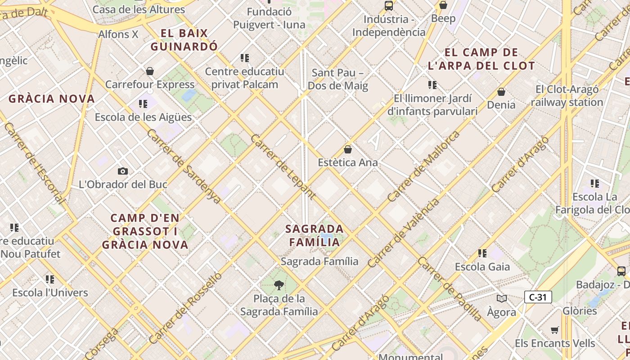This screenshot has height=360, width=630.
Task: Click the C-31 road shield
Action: tap(538, 297)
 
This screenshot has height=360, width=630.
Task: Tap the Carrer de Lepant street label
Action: tap(283, 166)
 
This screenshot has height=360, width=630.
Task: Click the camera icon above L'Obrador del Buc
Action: tap(122, 171)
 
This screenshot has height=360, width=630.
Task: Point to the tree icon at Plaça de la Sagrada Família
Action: tap(279, 285)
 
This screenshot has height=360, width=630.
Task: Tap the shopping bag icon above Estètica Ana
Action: tap(347, 149)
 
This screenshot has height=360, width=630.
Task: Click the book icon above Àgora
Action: tap(501, 298)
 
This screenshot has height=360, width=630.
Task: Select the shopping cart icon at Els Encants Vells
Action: tap(555, 330)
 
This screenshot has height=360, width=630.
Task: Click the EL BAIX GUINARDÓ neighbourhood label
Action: tap(184, 40)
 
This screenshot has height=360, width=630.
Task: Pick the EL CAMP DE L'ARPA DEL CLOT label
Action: tap(481, 59)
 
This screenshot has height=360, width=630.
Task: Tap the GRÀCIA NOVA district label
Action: tap(52, 99)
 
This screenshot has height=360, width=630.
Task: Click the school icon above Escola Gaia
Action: tap(482, 253)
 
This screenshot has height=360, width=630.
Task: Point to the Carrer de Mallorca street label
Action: tap(423, 166)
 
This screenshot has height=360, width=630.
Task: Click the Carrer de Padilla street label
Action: tap(450, 288)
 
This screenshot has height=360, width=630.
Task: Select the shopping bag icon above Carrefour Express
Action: tap(150, 71)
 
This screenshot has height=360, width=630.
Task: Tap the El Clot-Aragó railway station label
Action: tap(567, 96)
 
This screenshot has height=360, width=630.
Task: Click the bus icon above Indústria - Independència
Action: tap(389, 6)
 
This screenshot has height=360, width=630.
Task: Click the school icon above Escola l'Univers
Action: tap(50, 279)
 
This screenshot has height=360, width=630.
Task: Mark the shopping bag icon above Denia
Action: tap(501, 92)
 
